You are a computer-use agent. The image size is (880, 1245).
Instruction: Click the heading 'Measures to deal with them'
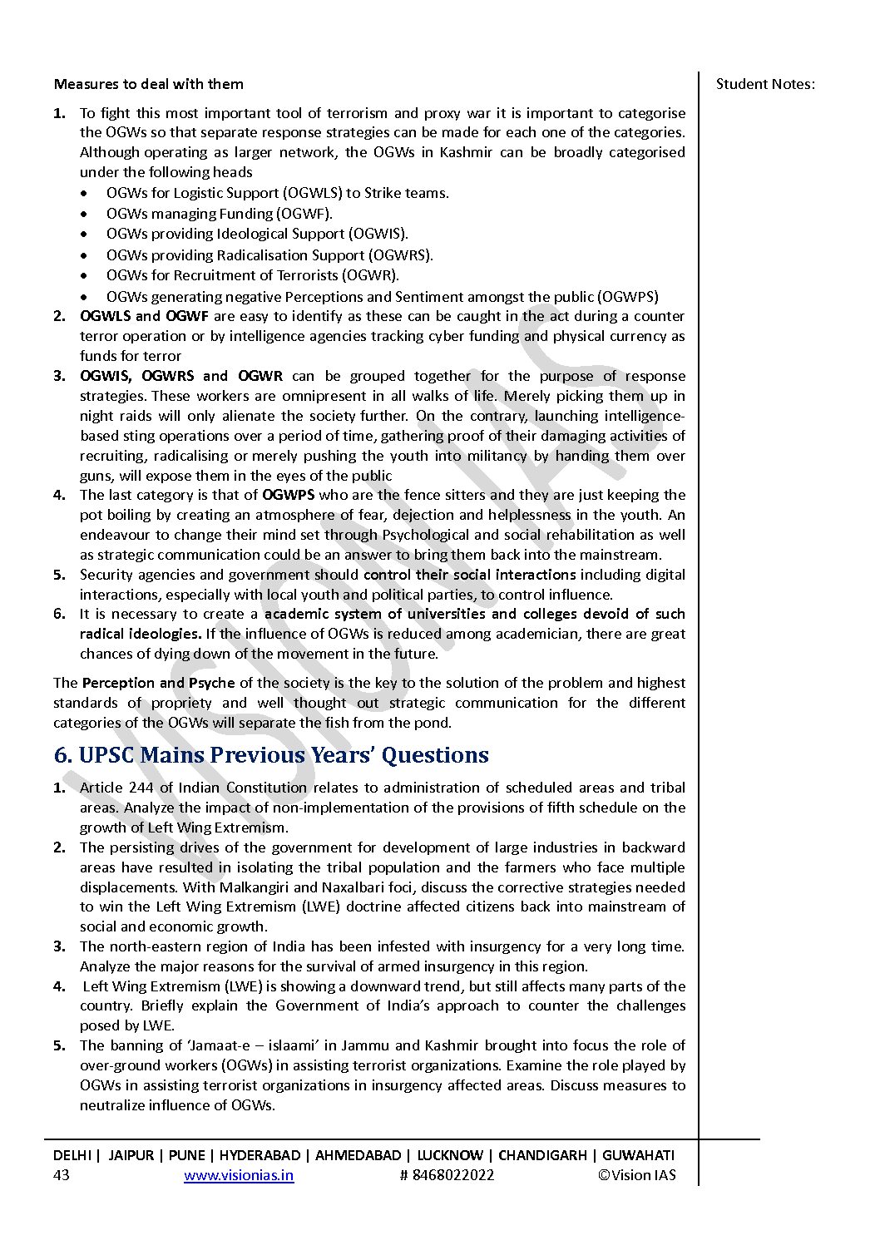(x=148, y=84)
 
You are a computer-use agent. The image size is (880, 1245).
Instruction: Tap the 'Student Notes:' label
(x=765, y=84)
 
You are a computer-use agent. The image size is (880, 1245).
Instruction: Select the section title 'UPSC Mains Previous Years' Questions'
(x=283, y=755)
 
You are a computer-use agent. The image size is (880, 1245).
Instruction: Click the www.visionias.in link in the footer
(x=239, y=1175)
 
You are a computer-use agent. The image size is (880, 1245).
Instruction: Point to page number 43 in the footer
(x=62, y=1175)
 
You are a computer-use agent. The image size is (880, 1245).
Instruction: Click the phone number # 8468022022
(x=447, y=1175)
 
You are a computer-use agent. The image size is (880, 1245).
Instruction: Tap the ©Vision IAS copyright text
(x=636, y=1175)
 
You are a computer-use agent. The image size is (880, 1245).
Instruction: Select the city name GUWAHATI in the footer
(x=638, y=1155)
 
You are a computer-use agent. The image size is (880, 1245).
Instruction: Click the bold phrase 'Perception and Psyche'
(x=158, y=683)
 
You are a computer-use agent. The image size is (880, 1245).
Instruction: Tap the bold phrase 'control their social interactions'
(x=469, y=575)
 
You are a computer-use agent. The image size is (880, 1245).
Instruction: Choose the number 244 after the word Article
(x=141, y=788)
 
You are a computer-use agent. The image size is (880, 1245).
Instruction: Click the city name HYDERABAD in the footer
(x=260, y=1155)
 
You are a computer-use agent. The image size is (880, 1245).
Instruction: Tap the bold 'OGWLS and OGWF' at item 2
(x=144, y=316)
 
